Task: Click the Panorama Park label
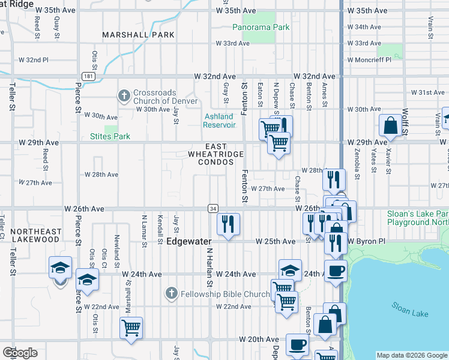(x=261, y=27)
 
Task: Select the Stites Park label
(x=110, y=136)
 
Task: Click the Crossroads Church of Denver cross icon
(x=124, y=95)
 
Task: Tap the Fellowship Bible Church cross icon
(x=171, y=293)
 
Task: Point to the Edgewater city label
(x=190, y=242)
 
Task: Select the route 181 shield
(x=89, y=77)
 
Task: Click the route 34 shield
(x=213, y=208)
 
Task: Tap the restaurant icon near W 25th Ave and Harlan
(x=228, y=224)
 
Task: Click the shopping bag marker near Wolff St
(x=390, y=125)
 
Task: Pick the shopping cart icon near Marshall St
(x=131, y=328)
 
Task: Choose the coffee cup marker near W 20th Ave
(x=297, y=344)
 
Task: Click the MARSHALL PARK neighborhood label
(x=138, y=35)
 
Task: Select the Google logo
(x=20, y=353)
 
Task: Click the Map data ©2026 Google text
(x=412, y=355)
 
